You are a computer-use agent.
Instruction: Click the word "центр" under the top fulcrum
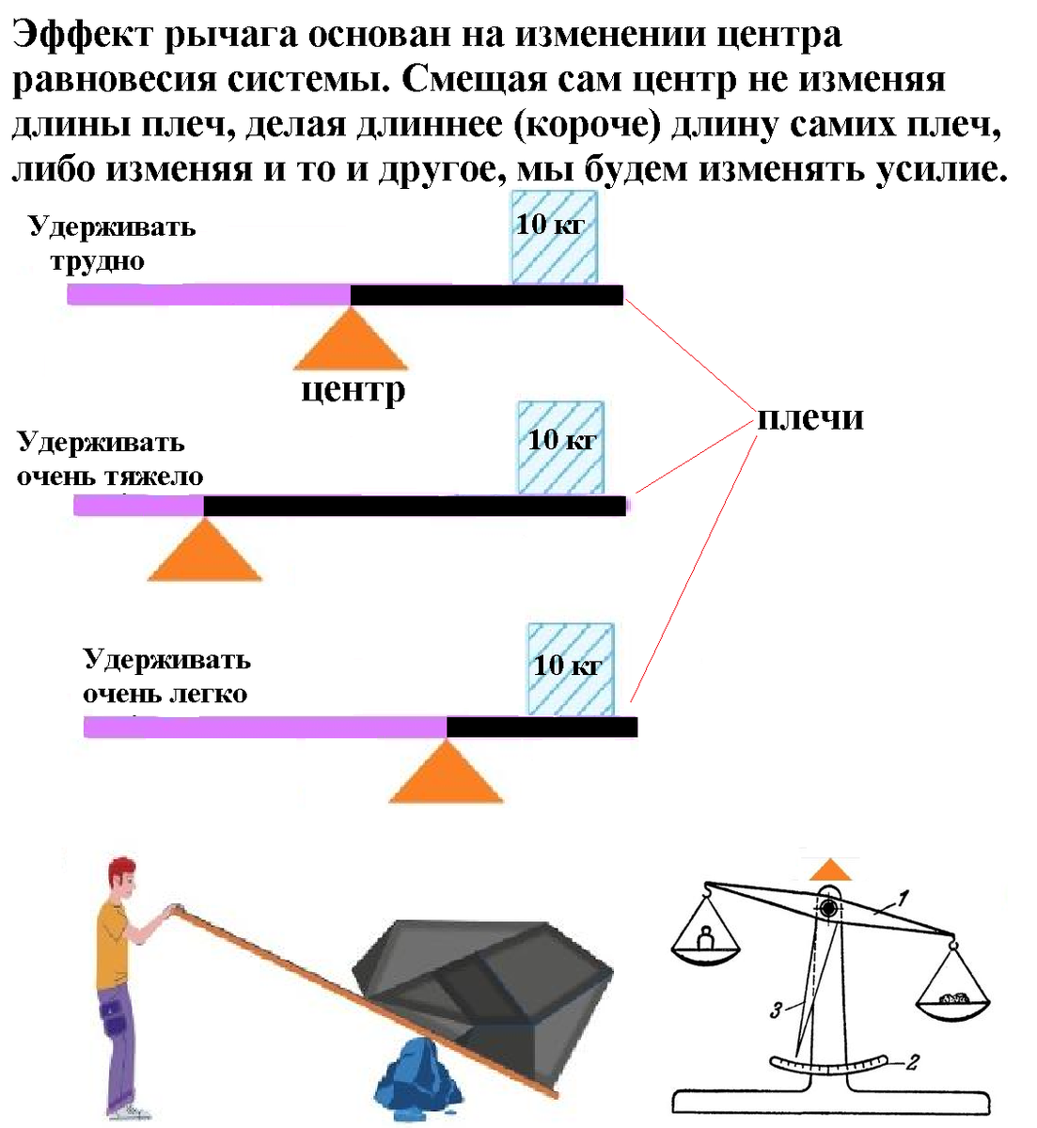click(353, 389)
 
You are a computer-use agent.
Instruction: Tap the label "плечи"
click(809, 418)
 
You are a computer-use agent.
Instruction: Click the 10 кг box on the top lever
click(554, 237)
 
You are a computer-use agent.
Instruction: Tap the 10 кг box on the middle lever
click(560, 447)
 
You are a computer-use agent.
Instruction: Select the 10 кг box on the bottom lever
click(571, 669)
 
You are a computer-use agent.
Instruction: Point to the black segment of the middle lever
click(414, 506)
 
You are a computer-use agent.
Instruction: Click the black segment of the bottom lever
click(542, 727)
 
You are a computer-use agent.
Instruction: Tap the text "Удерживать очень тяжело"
click(110, 460)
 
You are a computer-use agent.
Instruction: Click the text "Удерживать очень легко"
click(166, 677)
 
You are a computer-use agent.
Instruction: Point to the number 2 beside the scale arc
click(911, 1063)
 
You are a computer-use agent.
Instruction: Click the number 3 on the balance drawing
click(776, 1011)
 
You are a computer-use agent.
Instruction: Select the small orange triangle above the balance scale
click(831, 870)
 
